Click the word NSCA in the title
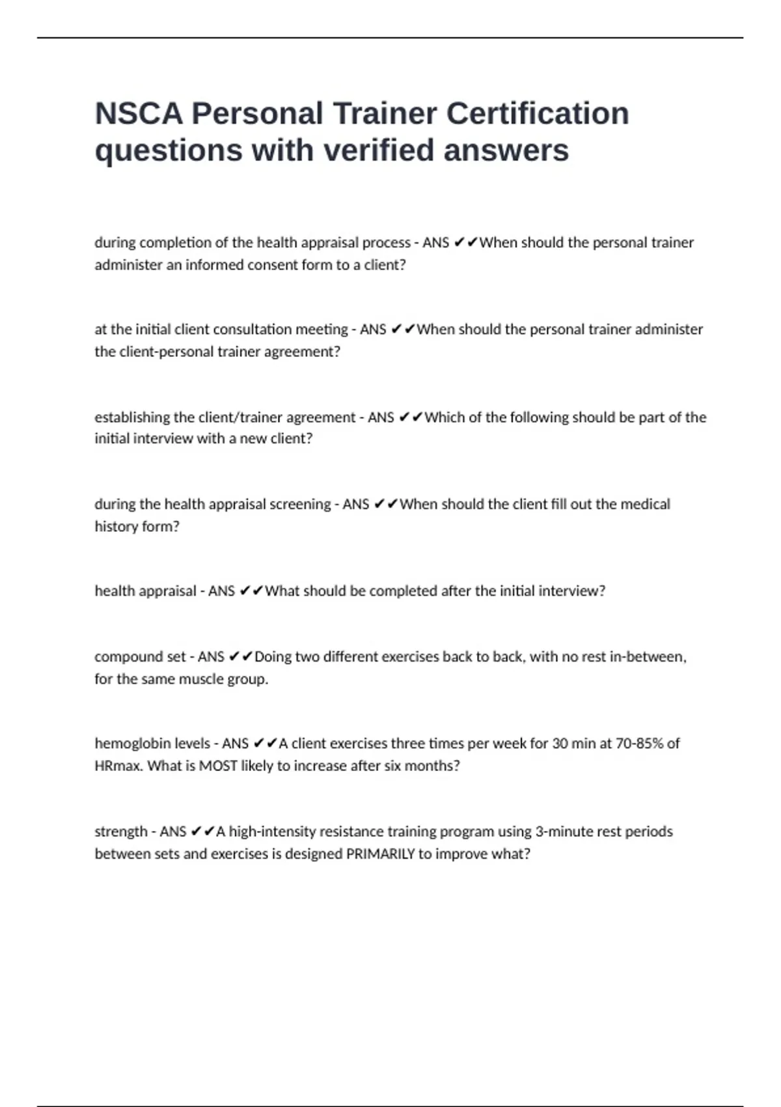pyautogui.click(x=139, y=113)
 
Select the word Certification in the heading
pyautogui.click(x=538, y=113)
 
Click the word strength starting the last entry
pyautogui.click(x=121, y=832)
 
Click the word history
pyautogui.click(x=116, y=526)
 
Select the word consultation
pyautogui.click(x=254, y=329)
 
